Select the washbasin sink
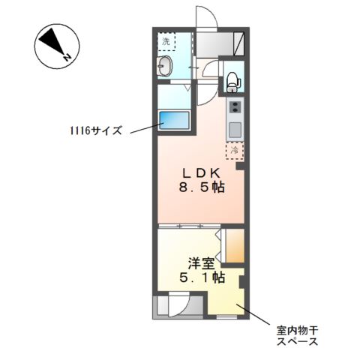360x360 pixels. pos(166,67)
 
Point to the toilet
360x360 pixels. pos(232,79)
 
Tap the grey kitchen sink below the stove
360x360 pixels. pos(235,129)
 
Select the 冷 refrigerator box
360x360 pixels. pos(235,151)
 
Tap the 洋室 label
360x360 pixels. pos(201,263)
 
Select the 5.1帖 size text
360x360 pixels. pos(201,278)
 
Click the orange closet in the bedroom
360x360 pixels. pos(233,247)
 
